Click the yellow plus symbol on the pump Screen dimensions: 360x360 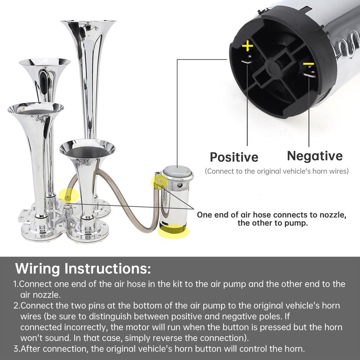click(247, 46)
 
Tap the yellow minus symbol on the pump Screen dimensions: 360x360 click(308, 64)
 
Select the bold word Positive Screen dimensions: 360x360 click(234, 157)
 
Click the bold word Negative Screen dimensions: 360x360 click(315, 156)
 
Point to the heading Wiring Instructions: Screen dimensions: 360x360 click(83, 268)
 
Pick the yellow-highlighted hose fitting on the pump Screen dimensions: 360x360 click(159, 182)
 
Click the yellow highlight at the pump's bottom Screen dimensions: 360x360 click(173, 231)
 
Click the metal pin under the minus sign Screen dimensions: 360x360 click(310, 72)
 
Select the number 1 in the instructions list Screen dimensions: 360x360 click(15, 284)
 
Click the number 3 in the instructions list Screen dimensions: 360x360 click(16, 349)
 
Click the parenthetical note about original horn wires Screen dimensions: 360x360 click(277, 171)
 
